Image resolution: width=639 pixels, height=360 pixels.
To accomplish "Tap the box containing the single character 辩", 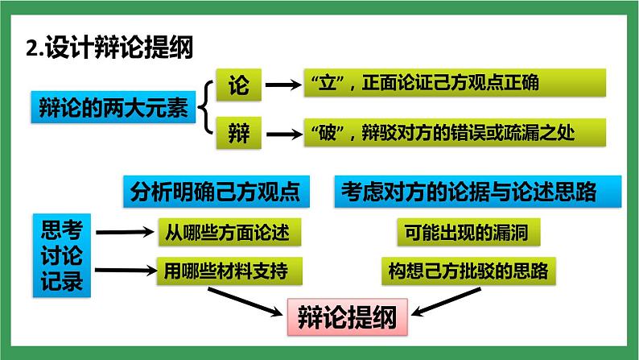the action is (239, 131).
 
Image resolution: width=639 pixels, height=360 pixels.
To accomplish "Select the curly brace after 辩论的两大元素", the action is (204, 108).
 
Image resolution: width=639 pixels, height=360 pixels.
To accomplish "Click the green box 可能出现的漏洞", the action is (468, 232).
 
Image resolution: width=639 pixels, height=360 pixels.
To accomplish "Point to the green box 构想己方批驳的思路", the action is (468, 270).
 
